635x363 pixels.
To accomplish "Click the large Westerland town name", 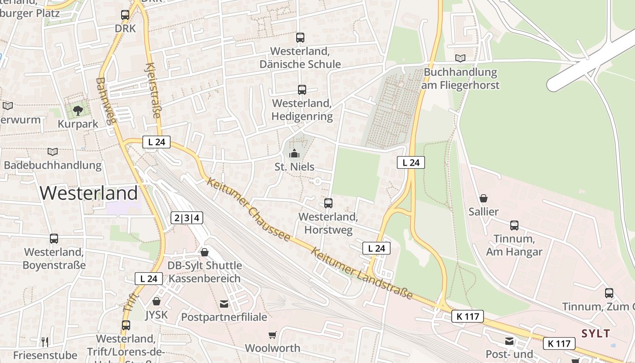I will click(x=88, y=193).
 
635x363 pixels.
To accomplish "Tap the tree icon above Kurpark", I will click(x=78, y=110).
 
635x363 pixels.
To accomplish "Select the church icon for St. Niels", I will click(x=294, y=154).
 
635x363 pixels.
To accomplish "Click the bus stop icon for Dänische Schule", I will click(x=300, y=38).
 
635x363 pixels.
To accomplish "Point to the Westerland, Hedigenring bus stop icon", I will click(x=302, y=90).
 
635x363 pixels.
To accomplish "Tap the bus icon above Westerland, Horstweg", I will click(x=328, y=203).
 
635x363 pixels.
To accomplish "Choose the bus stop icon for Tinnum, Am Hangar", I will click(x=514, y=226).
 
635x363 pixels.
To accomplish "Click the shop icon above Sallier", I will click(x=484, y=198).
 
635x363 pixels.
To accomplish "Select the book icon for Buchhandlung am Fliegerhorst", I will click(x=460, y=58).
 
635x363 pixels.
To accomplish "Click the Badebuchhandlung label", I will click(x=53, y=165).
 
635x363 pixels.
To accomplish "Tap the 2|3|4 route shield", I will click(x=187, y=218).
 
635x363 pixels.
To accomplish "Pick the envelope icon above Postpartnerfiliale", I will click(x=224, y=304).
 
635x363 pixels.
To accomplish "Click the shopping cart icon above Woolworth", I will click(x=272, y=335).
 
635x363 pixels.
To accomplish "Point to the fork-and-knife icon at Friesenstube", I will click(x=44, y=342).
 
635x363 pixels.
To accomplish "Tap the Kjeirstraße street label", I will click(x=152, y=91).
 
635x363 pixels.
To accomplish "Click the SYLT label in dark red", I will click(x=596, y=334).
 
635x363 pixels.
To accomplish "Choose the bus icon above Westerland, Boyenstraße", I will click(x=54, y=239).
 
